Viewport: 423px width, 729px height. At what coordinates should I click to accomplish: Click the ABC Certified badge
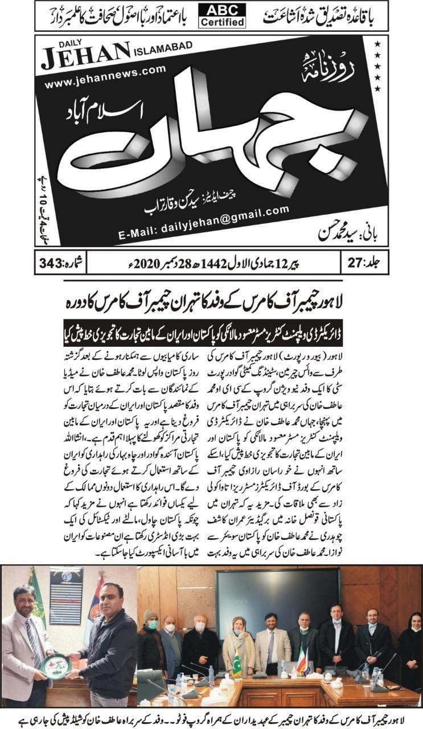click(x=223, y=15)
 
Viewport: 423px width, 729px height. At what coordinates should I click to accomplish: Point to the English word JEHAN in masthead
click(x=85, y=52)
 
